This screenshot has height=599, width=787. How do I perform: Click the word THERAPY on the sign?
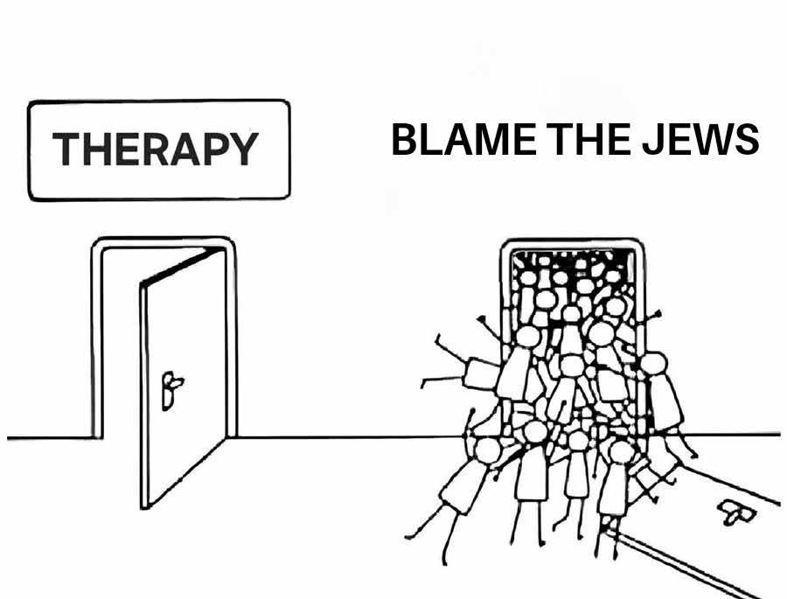click(156, 150)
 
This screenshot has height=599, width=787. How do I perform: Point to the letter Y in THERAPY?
click(244, 150)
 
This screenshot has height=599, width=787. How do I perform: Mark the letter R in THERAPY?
click(157, 150)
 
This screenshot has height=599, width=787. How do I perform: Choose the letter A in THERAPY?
click(186, 150)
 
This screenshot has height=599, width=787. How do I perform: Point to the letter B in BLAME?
click(404, 141)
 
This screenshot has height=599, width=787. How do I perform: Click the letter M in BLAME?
click(490, 141)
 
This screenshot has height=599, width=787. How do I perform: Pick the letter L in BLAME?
click(430, 141)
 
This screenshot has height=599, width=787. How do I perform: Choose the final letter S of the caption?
click(747, 141)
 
